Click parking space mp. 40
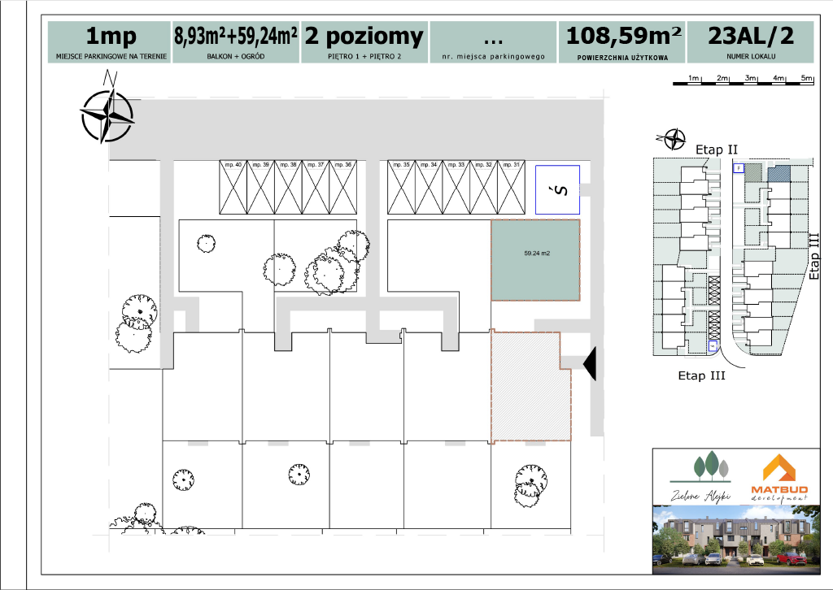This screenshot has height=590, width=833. coord(234,187)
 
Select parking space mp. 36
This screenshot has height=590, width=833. coord(342,187)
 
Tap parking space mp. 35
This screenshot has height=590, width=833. coord(401,187)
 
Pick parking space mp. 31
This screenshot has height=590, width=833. coord(511,187)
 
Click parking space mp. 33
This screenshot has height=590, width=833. coord(456,187)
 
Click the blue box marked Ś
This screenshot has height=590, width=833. coord(557,189)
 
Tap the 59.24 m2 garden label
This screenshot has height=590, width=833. coord(537,254)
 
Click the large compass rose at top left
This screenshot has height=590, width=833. coord(107,115)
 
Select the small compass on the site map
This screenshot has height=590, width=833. coord(674,140)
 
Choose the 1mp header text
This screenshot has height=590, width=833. coord(111,37)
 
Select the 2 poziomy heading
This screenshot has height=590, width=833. coord(364,37)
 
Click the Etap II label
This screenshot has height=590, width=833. coord(717,150)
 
